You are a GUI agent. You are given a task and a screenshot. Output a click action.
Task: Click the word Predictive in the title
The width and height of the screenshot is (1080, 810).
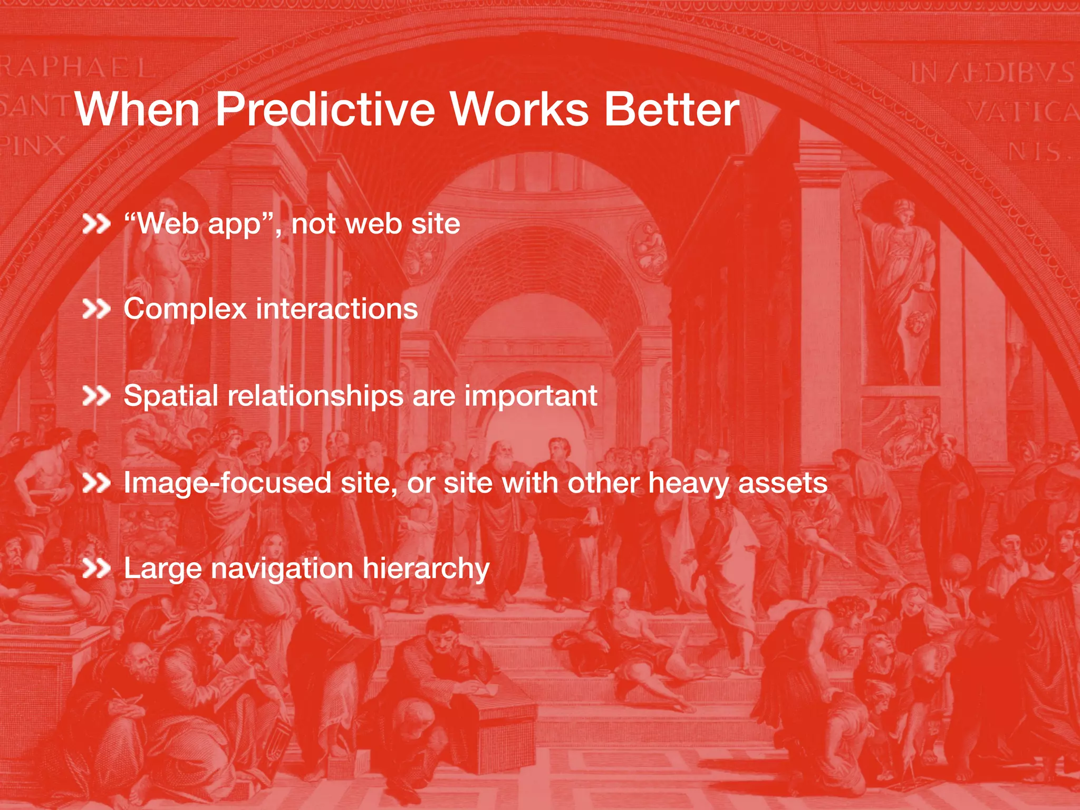(x=325, y=110)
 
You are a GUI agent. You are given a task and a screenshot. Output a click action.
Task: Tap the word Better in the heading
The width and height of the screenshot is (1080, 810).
(x=671, y=110)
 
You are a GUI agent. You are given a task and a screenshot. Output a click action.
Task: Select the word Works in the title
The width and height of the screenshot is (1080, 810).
(x=519, y=110)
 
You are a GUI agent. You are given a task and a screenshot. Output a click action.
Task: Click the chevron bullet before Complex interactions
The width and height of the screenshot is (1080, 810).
(x=96, y=310)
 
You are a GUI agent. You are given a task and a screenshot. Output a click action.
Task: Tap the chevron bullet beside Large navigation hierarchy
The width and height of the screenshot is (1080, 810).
(x=96, y=569)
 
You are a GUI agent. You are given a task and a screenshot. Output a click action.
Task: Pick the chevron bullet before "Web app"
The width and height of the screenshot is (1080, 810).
(x=96, y=224)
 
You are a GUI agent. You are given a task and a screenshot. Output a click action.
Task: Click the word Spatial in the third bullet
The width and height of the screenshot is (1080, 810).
(x=170, y=396)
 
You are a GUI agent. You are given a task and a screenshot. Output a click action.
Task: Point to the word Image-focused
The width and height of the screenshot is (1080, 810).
(x=227, y=483)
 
